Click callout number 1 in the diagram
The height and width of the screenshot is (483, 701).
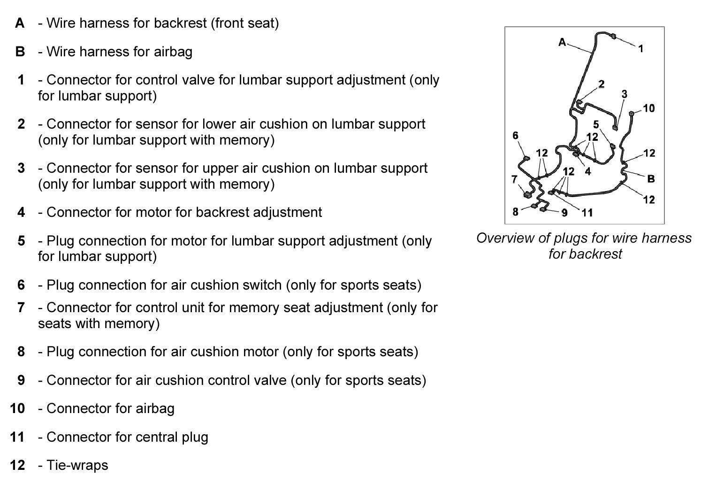(x=641, y=48)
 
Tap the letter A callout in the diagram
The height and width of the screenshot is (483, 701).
(x=562, y=42)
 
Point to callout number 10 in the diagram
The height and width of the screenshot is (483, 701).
(x=648, y=108)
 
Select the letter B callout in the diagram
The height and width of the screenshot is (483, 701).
(x=651, y=178)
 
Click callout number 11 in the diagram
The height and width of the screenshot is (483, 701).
(x=587, y=213)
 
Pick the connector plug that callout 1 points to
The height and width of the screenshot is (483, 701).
(x=614, y=37)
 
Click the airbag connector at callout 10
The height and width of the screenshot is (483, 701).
(x=631, y=113)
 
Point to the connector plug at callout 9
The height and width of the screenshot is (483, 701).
(x=544, y=208)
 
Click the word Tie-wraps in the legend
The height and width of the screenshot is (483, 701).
(x=77, y=465)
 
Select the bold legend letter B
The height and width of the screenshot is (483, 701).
(x=20, y=51)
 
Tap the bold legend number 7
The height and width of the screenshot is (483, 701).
(x=21, y=307)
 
